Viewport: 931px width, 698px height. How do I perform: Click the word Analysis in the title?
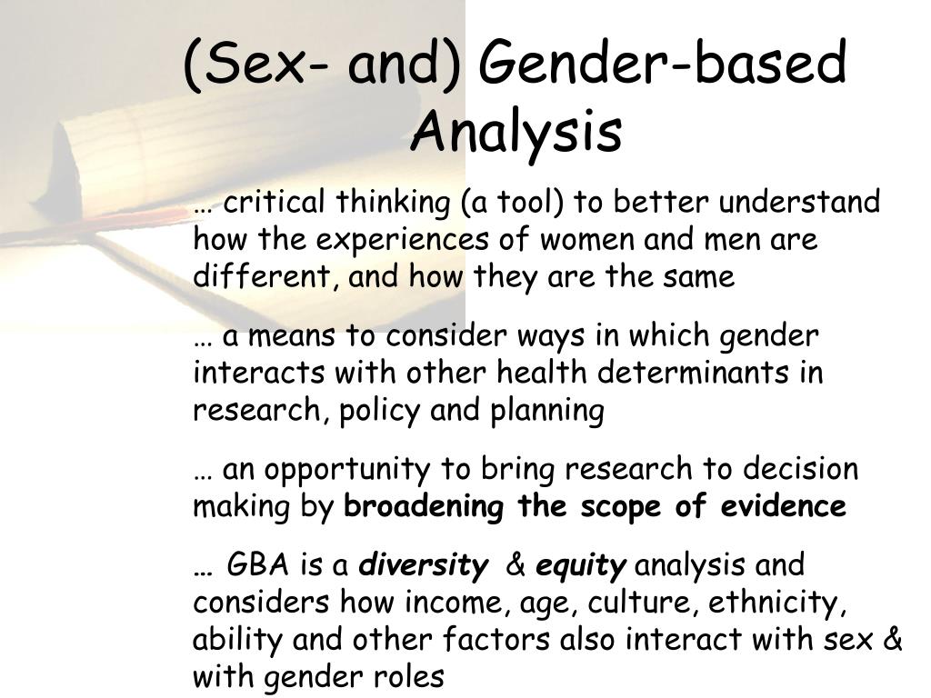(516, 132)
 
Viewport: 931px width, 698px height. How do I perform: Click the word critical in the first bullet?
(276, 202)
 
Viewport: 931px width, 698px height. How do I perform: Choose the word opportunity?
(346, 470)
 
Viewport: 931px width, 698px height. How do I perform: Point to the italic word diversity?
(423, 566)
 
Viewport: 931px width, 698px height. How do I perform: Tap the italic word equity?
(580, 566)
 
